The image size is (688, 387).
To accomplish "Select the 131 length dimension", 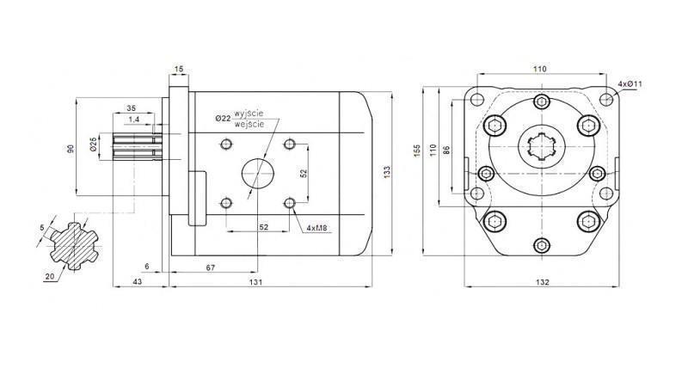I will coord(255,281).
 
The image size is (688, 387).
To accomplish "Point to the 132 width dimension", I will coord(541,281).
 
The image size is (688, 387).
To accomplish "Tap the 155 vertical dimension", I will coord(417,150).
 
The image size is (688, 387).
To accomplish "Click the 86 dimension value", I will coord(445,150).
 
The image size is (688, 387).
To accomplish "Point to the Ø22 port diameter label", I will coord(223,118).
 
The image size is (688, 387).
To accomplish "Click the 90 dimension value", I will coord(71,148).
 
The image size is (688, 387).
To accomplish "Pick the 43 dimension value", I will coord(138,281).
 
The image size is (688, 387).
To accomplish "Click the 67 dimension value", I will coord(212,268).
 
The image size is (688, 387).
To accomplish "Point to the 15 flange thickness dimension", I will coord(179,69).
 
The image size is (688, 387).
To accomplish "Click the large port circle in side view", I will coord(257,173).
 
